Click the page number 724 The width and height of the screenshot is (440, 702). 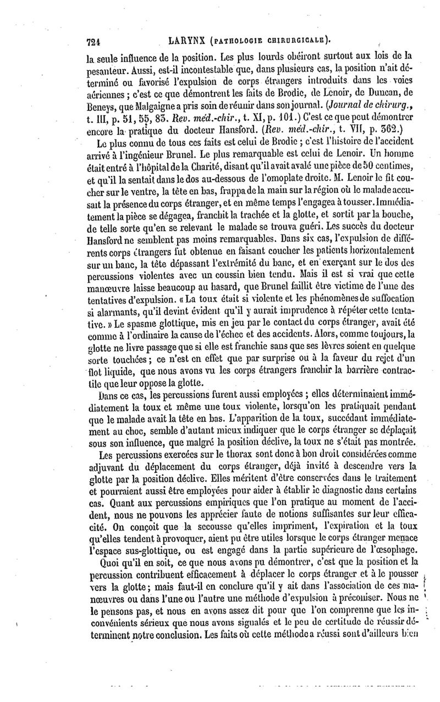96,40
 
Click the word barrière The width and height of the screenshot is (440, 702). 383,372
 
